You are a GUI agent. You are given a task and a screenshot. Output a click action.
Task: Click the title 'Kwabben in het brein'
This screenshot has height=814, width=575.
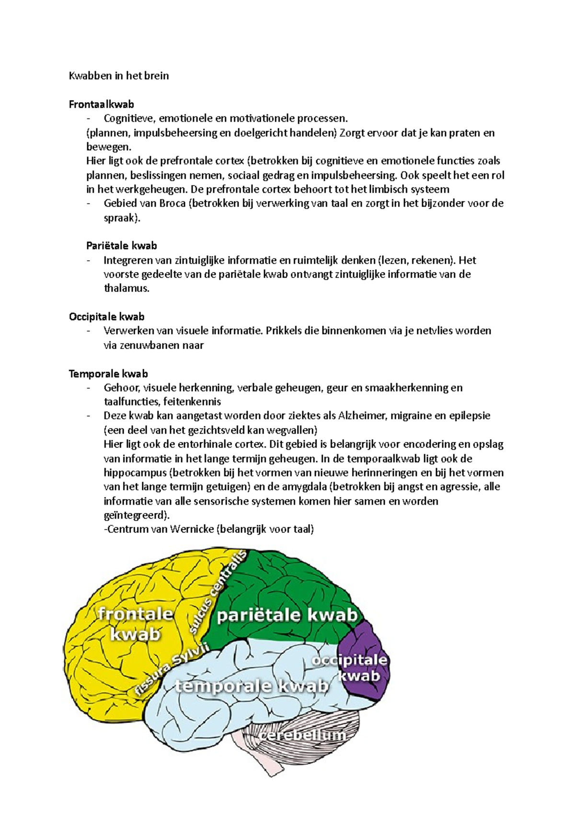[x=119, y=76]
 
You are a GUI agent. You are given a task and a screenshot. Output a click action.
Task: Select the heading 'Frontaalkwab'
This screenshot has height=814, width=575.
[x=101, y=104]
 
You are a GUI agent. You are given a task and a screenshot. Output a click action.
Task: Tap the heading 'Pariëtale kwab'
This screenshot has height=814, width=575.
[x=122, y=245]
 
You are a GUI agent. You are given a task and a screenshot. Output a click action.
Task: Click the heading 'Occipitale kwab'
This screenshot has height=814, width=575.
[x=106, y=316]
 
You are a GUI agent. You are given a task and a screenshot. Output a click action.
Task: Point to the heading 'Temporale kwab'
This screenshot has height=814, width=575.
[x=108, y=373]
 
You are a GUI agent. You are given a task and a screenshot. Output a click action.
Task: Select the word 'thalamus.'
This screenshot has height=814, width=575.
[x=126, y=288]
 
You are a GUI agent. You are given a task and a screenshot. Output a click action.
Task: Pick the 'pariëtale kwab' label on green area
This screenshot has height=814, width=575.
[x=287, y=616]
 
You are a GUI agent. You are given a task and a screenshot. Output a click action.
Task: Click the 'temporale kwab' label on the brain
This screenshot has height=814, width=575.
[x=252, y=686]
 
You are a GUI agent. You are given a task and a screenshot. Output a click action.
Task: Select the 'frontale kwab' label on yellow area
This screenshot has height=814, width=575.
[x=135, y=623]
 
